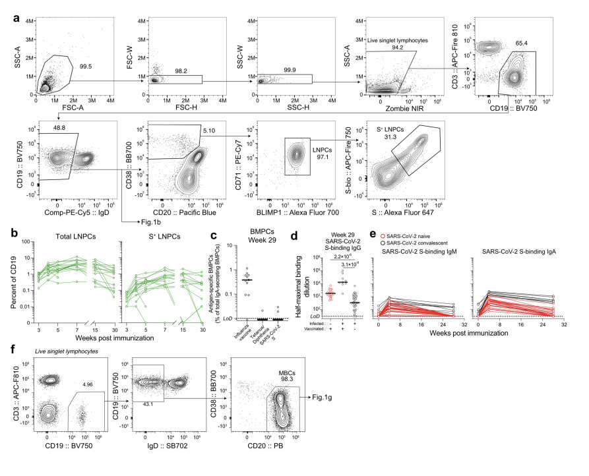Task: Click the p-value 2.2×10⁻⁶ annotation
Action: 343,256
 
